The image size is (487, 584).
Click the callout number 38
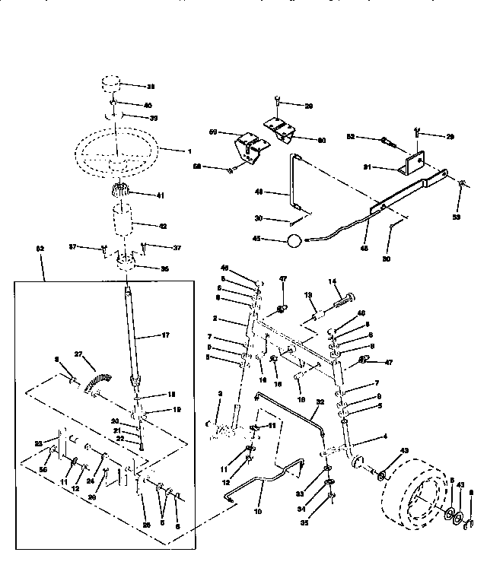tap(151, 86)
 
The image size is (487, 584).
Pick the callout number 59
tap(214, 132)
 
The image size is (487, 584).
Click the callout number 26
tap(147, 524)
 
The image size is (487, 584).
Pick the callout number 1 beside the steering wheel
tap(189, 151)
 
